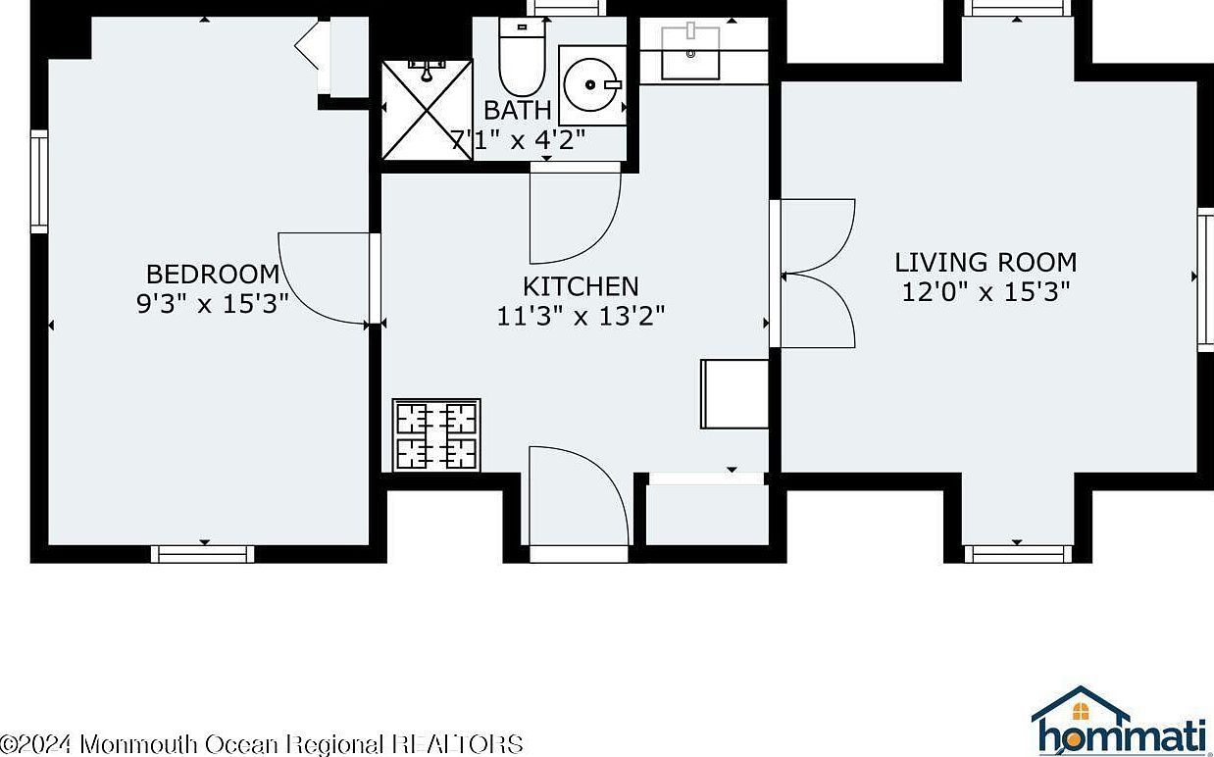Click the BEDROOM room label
[213, 274]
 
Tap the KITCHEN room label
[581, 286]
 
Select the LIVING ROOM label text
[986, 262]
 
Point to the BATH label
[517, 110]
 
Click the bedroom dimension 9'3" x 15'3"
[212, 304]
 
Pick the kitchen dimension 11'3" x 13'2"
[581, 317]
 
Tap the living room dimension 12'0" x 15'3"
[986, 292]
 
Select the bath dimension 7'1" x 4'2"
[517, 139]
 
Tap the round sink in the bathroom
[592, 84]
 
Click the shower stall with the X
[427, 109]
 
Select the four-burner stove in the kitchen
[436, 434]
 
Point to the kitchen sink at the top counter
[690, 52]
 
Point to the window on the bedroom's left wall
[39, 182]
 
